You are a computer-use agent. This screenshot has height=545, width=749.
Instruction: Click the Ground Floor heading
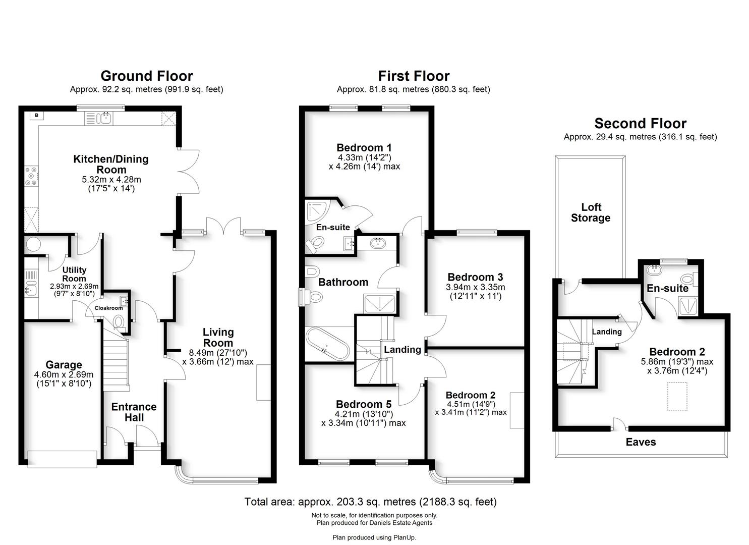tap(146, 76)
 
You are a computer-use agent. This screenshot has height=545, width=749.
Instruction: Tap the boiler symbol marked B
tap(36, 116)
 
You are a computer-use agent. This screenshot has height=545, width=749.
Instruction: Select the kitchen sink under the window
tap(106, 119)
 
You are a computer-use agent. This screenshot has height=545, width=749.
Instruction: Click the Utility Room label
tap(74, 274)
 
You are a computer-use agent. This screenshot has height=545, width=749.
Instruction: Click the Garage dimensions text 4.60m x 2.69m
tap(64, 374)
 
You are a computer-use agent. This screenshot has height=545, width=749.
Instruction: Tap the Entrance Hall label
tap(134, 412)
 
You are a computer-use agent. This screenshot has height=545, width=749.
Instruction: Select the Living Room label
tap(218, 337)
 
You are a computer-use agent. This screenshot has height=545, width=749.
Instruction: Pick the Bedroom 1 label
tap(364, 147)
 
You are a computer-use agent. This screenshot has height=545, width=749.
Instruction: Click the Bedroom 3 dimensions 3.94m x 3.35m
tap(475, 287)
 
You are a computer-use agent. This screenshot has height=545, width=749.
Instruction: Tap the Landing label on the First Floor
tap(402, 349)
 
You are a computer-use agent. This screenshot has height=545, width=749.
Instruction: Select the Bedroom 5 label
tap(363, 404)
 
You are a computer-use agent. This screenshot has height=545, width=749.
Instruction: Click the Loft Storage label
tap(591, 212)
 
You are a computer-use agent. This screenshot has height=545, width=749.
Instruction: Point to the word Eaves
tap(641, 442)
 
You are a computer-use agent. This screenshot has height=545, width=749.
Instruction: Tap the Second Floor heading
tap(640, 124)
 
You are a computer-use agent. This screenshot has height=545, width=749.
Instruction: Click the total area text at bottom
tap(370, 502)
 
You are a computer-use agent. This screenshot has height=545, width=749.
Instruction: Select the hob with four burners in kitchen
tap(31, 176)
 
